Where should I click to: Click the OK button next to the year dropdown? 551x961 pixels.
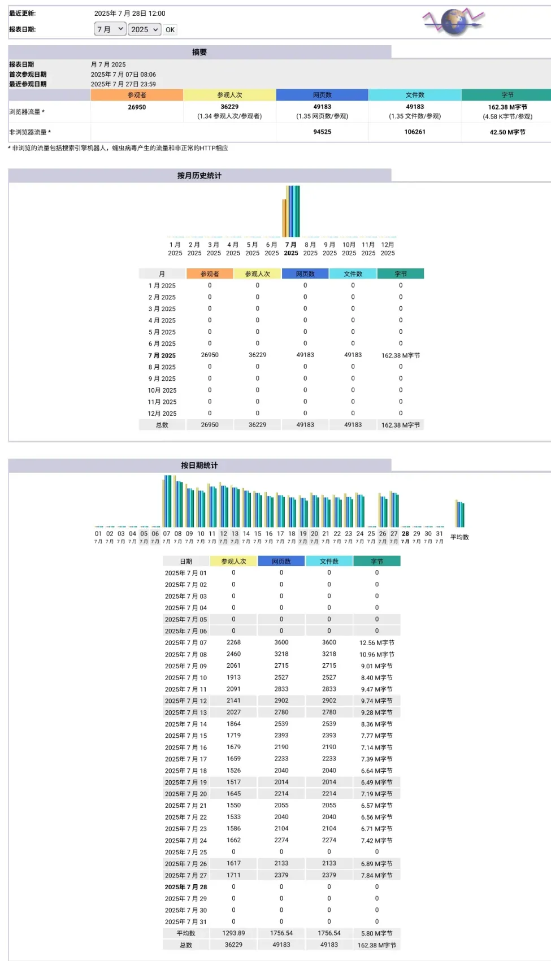pos(170,30)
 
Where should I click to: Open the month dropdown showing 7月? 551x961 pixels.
pos(110,29)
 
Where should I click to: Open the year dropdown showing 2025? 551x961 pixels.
pos(145,29)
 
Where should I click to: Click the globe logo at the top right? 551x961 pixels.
pos(454,22)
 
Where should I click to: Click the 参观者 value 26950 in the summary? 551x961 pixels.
pos(137,107)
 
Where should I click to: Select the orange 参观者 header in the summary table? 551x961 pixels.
pos(137,95)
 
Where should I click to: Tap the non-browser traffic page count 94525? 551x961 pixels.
pos(322,132)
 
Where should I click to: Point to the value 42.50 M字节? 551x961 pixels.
pos(507,132)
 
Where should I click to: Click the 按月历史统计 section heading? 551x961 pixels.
pos(199,176)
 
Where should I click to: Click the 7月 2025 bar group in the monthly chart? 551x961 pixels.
pos(292,211)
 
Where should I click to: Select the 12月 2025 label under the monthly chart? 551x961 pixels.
pos(388,249)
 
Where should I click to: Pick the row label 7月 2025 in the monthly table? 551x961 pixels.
pos(162,355)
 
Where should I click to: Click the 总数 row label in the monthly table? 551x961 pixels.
pos(162,425)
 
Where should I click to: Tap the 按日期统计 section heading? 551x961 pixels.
pos(199,466)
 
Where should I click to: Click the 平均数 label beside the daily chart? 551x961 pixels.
pos(459,537)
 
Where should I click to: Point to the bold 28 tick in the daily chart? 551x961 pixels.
pos(405,534)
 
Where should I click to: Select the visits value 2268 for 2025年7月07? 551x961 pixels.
pos(233,642)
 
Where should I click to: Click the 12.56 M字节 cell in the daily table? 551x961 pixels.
pos(377,643)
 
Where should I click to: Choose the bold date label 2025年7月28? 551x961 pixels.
pos(186,887)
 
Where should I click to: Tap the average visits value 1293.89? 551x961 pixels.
pos(233,933)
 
